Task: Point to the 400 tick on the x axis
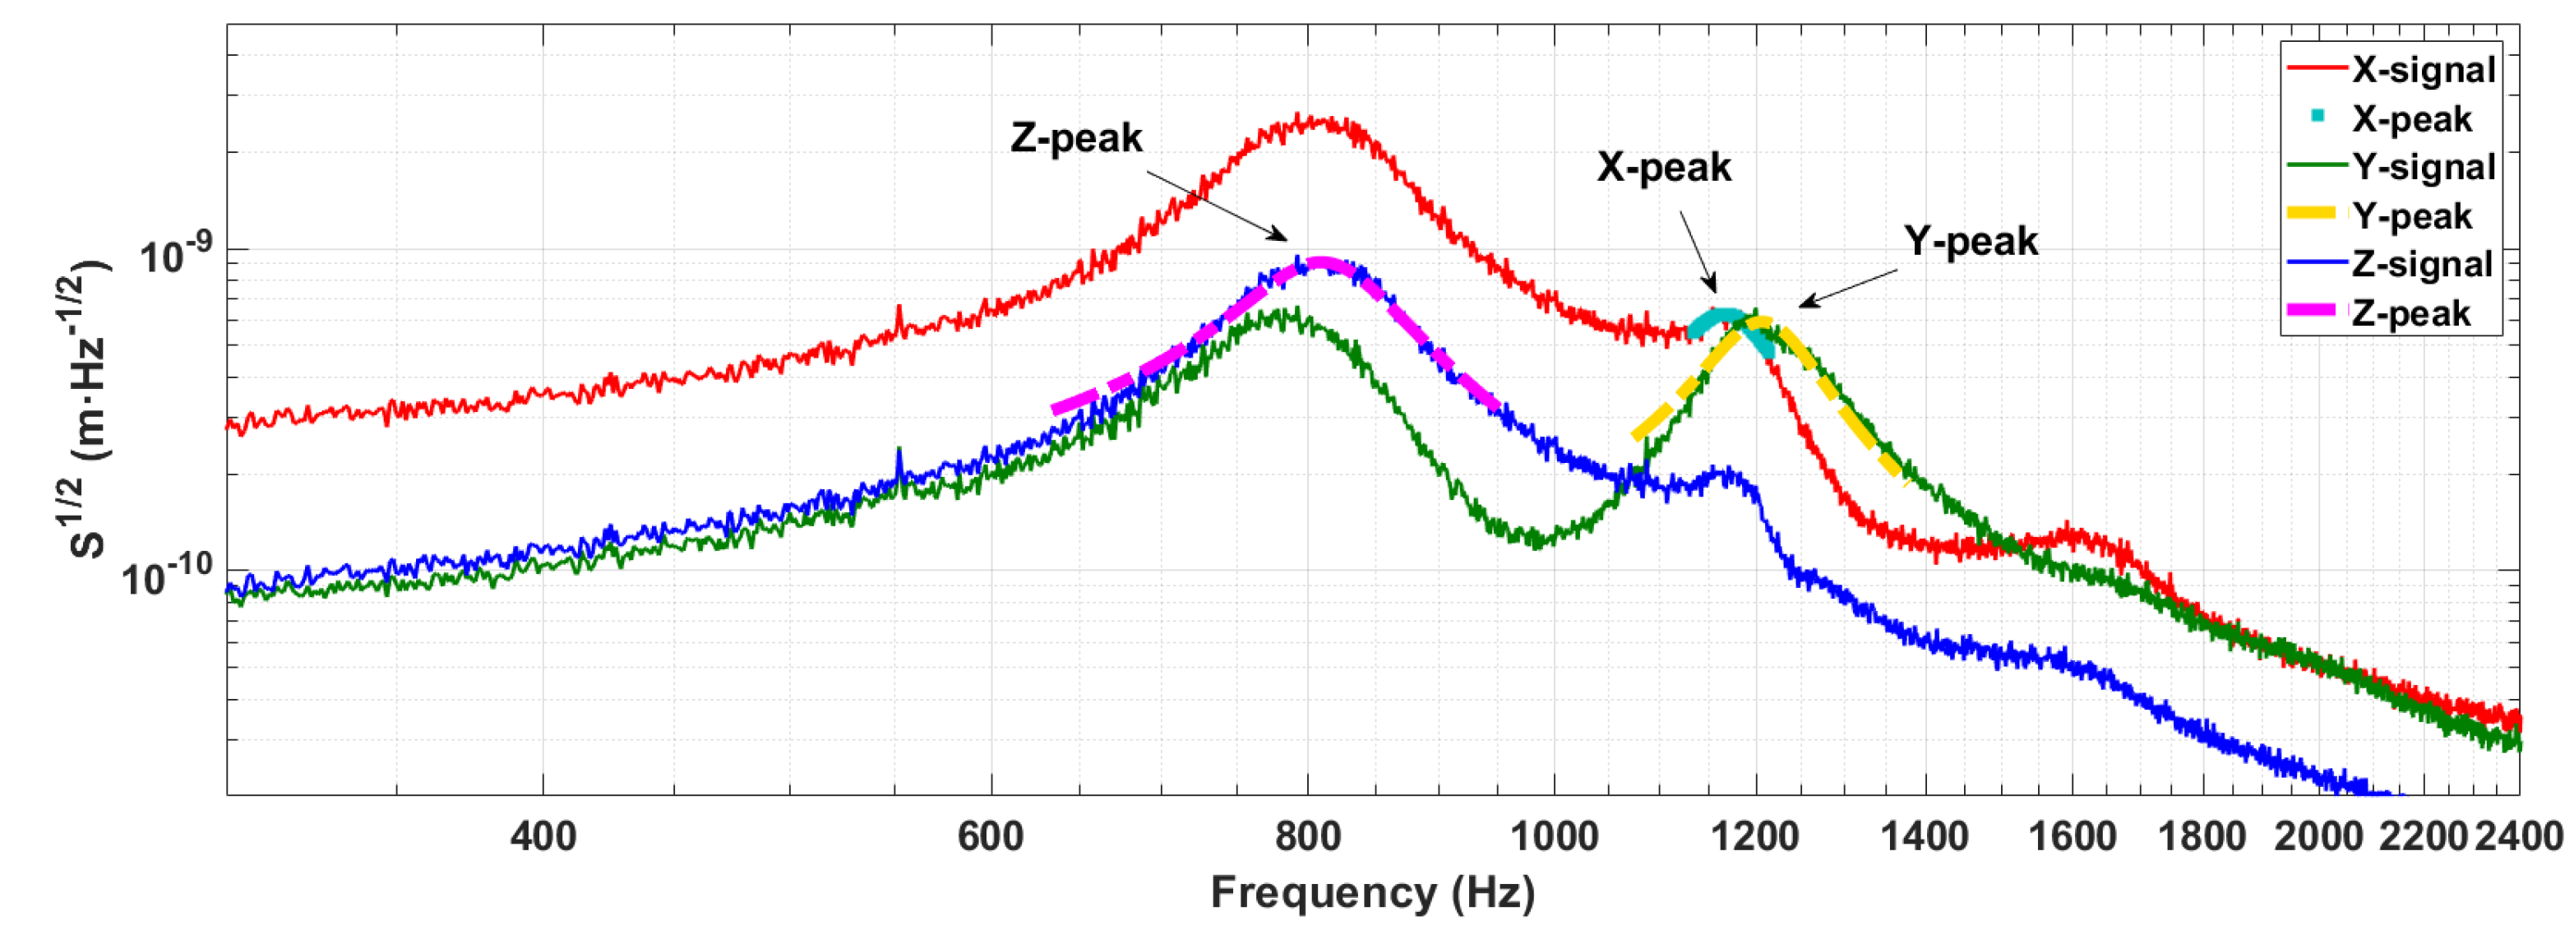543,836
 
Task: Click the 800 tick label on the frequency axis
1307,836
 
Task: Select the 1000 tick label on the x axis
1554,836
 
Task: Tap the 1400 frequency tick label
1925,836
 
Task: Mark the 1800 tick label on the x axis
2202,836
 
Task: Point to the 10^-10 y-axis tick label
167,576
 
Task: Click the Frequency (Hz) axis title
1372,892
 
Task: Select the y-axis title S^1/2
90,409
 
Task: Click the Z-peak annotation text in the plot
1075,138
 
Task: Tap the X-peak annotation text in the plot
1664,167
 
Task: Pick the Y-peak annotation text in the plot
1970,241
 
